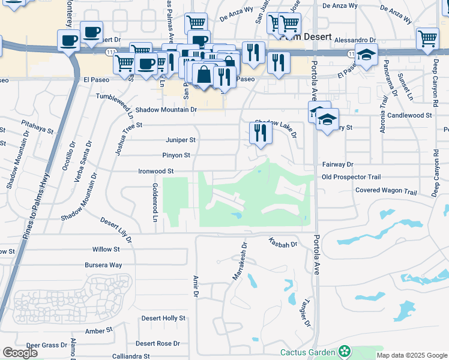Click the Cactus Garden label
pyautogui.click(x=307, y=352)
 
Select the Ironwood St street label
pyautogui.click(x=155, y=171)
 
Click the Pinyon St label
pyautogui.click(x=176, y=155)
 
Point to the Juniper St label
pyautogui.click(x=181, y=140)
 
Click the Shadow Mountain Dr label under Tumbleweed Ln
pyautogui.click(x=166, y=110)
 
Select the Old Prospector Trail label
pyautogui.click(x=351, y=177)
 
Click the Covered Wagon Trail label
pyautogui.click(x=385, y=191)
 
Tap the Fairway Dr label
pyautogui.click(x=338, y=164)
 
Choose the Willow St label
pyautogui.click(x=106, y=249)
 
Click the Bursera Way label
pyautogui.click(x=103, y=265)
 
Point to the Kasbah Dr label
pyautogui.click(x=283, y=244)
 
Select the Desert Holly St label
pyautogui.click(x=163, y=318)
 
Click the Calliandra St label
pyautogui.click(x=130, y=356)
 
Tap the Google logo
pyautogui.click(x=19, y=353)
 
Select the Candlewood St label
pyautogui.click(x=409, y=115)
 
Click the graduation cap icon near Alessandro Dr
pyautogui.click(x=366, y=55)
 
